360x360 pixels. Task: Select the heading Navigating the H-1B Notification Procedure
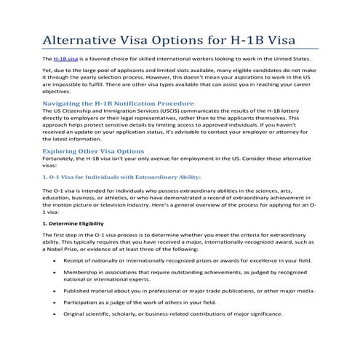click(113, 105)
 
